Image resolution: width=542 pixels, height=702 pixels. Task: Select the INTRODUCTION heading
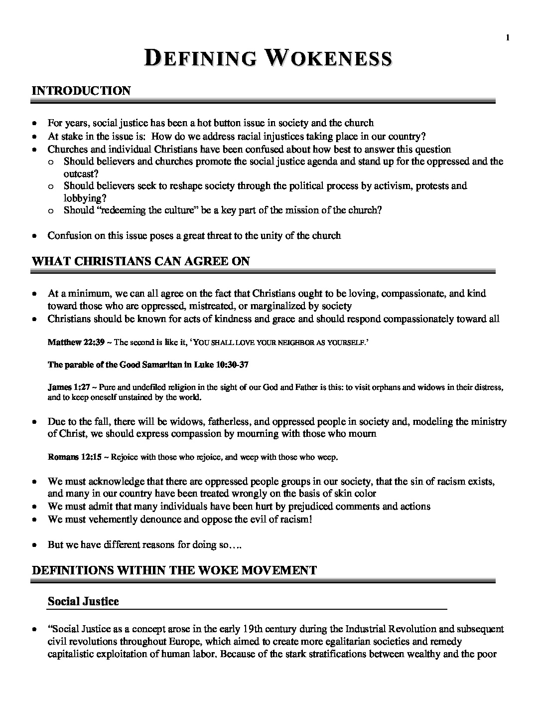81,91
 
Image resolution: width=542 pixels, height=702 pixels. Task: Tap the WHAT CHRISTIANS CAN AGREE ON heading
140,261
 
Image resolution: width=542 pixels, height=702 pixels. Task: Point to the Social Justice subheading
83,601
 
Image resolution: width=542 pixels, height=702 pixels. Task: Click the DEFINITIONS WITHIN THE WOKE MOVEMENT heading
174,570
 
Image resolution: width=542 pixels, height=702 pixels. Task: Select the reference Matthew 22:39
70,343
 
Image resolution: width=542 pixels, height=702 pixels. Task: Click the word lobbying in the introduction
81,197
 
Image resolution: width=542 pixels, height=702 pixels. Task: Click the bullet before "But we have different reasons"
34,545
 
